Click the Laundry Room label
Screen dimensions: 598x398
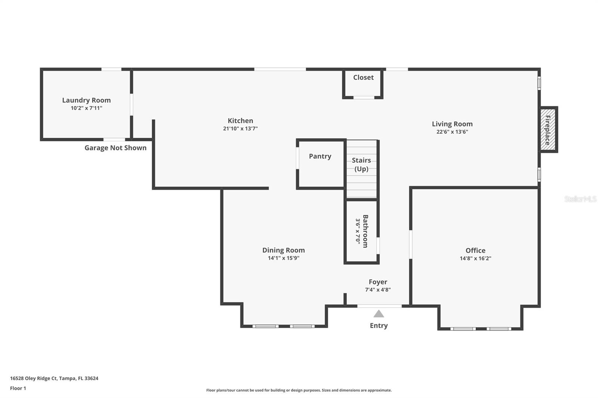86,100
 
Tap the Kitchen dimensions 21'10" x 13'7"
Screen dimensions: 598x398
240,128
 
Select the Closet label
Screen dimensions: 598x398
363,77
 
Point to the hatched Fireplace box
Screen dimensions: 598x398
548,130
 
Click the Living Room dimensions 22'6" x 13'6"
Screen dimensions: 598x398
452,132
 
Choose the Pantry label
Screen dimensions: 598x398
320,156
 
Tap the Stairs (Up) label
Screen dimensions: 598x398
361,165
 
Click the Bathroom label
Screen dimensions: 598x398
365,231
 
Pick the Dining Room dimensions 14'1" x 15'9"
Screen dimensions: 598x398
284,258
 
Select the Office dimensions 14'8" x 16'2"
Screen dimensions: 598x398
475,258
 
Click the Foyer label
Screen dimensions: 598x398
378,282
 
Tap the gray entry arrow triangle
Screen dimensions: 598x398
379,314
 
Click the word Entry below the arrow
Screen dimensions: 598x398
379,326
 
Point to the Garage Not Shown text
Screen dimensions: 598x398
115,148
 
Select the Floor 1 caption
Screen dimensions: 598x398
18,388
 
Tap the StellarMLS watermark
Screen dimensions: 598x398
580,199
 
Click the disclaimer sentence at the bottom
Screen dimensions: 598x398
299,390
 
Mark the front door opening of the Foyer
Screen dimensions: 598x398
379,306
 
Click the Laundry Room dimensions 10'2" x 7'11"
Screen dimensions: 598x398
86,108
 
